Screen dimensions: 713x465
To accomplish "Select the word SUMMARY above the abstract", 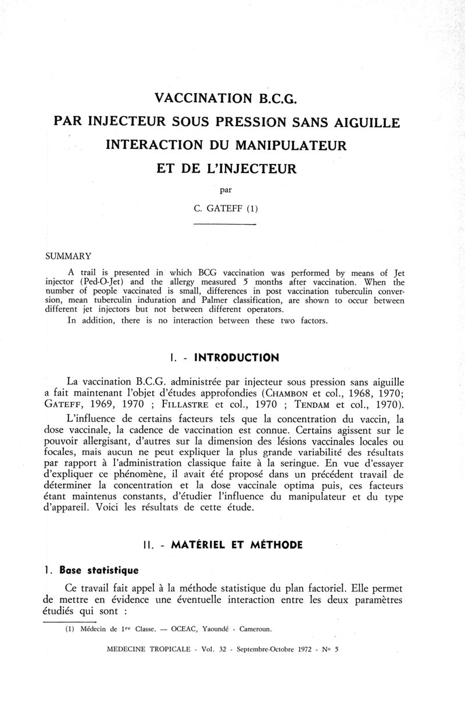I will (69, 255).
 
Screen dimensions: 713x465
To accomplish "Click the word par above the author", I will (225, 188).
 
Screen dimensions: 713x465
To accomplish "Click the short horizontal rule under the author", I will (224, 224).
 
